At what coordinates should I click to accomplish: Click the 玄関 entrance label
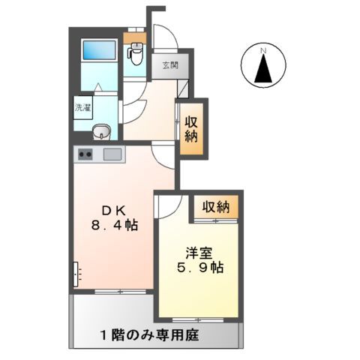click(169, 65)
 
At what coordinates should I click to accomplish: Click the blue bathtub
click(98, 51)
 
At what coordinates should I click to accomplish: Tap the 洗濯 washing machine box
click(82, 107)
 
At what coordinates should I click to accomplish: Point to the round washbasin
click(101, 134)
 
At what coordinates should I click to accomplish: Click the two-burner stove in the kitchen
click(85, 155)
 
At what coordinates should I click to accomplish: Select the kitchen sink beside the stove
click(113, 155)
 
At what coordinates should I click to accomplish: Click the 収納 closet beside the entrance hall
click(190, 129)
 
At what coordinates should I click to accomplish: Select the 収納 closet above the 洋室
click(214, 207)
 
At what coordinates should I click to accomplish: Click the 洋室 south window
click(199, 319)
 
